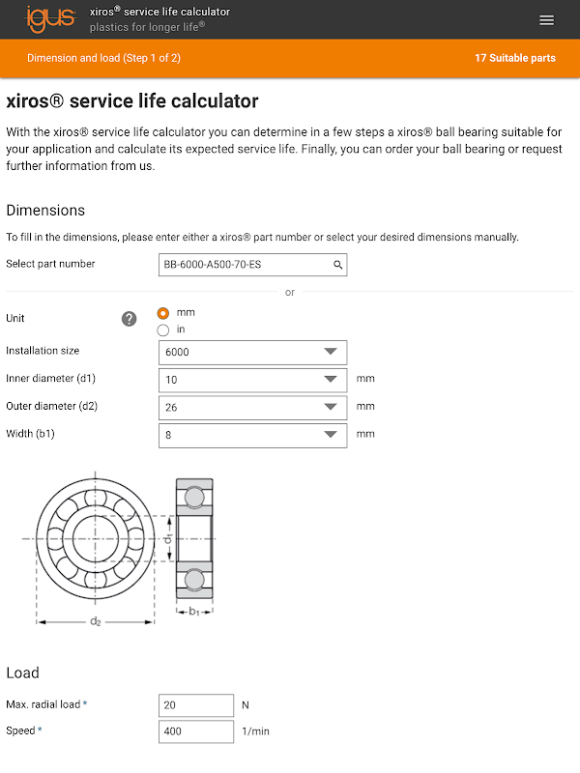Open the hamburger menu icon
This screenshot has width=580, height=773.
[547, 20]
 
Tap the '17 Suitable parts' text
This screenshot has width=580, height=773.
[514, 58]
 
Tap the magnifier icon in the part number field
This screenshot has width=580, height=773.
[337, 264]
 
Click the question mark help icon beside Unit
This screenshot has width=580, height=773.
[130, 319]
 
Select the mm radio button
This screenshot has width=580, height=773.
[163, 313]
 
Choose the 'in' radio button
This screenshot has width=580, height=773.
[163, 329]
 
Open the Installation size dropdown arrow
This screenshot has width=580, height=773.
[331, 352]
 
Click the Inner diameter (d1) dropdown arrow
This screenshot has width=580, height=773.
[331, 380]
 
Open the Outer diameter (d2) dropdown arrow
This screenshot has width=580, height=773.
[331, 407]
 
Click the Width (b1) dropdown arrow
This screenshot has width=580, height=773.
[331, 435]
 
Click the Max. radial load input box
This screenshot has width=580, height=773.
[196, 705]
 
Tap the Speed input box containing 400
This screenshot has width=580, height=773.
[196, 731]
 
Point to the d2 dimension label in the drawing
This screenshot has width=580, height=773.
[95, 621]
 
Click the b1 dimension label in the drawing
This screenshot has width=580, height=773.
[194, 611]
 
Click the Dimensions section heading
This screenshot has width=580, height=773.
[45, 210]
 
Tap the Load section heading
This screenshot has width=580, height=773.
[22, 673]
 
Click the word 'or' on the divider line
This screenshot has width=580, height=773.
[290, 292]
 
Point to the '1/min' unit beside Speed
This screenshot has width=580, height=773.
[255, 731]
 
